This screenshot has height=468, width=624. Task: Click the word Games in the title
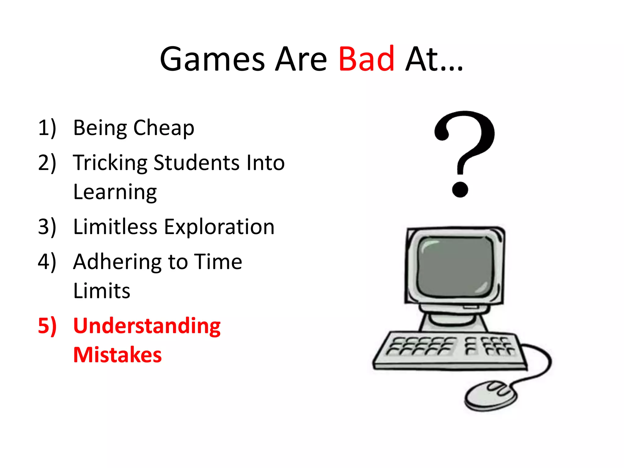pyautogui.click(x=212, y=59)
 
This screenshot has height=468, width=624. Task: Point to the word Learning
pyautogui.click(x=115, y=193)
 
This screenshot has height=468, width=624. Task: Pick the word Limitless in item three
pyautogui.click(x=115, y=227)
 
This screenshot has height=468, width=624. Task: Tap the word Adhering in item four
pyautogui.click(x=115, y=262)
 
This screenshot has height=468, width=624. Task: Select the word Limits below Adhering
pyautogui.click(x=102, y=291)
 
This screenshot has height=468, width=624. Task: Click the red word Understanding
pyautogui.click(x=147, y=326)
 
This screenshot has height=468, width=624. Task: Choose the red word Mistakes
pyautogui.click(x=117, y=355)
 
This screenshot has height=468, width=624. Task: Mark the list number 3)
pyautogui.click(x=47, y=227)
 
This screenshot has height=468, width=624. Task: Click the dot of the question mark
pyautogui.click(x=460, y=190)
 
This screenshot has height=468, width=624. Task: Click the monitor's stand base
pyautogui.click(x=453, y=323)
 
